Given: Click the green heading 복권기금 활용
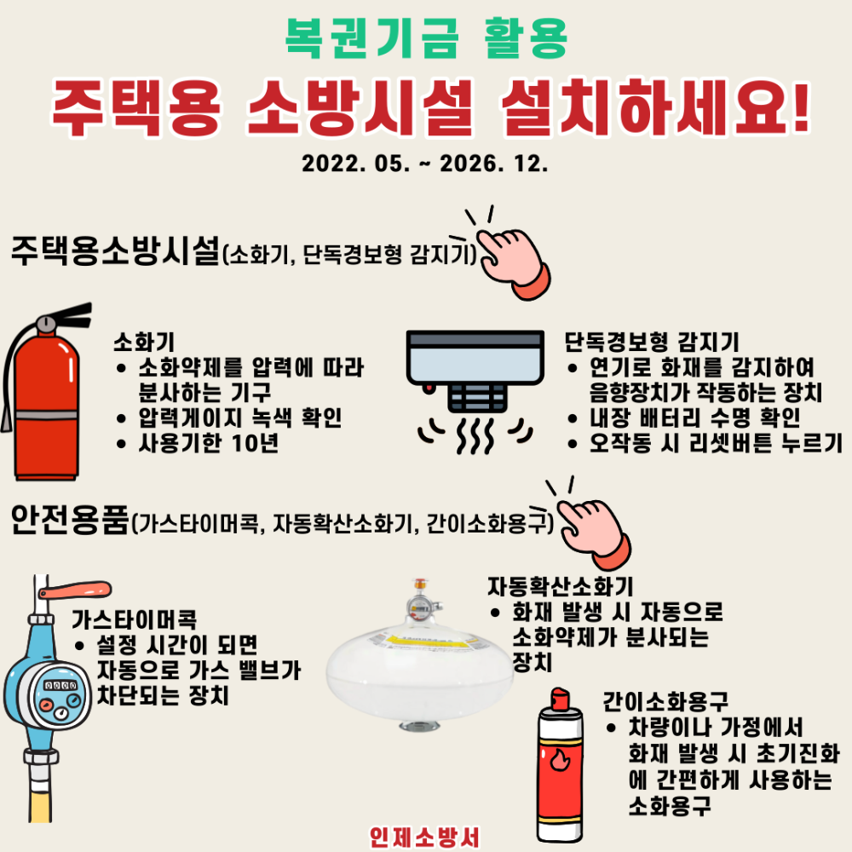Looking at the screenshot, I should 425,39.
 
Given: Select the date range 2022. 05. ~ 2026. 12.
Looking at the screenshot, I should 424,164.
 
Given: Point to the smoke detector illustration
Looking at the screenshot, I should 475,375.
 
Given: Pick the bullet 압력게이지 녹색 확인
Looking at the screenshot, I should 239,417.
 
